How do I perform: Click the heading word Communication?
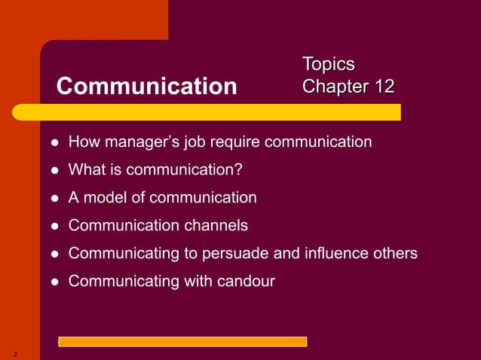tap(146, 87)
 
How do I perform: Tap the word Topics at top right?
tap(328, 64)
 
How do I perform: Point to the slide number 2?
tap(14, 353)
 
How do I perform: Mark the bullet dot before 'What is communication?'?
tap(55, 171)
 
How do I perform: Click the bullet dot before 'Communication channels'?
tap(55, 226)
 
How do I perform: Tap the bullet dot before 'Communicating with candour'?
tap(55, 282)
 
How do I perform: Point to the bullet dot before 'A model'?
tap(55, 199)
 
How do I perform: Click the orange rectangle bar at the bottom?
tap(182, 341)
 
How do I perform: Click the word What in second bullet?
tap(86, 169)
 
